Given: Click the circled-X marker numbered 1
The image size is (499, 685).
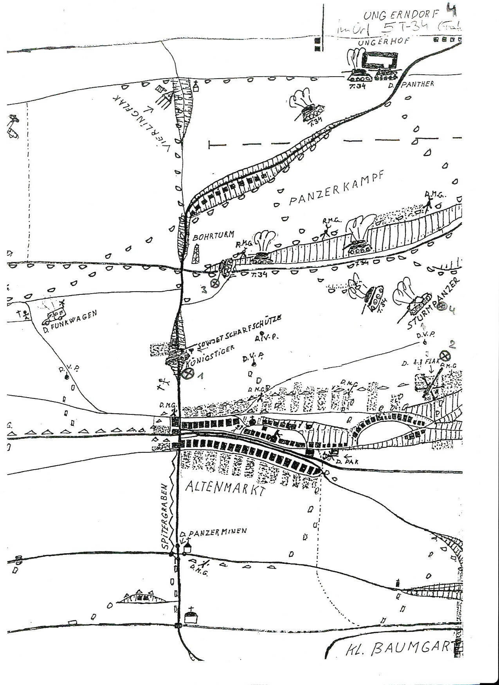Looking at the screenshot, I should tap(189, 373).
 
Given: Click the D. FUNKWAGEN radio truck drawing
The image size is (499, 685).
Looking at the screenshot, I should tap(54, 316).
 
